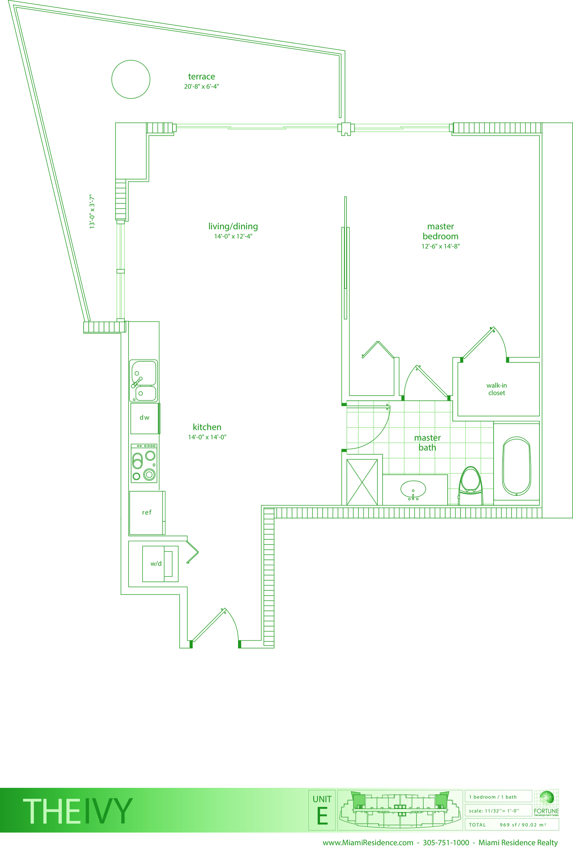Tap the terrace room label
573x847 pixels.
(x=202, y=77)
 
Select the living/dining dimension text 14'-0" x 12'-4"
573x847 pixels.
(x=233, y=236)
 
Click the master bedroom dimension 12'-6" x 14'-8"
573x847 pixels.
(x=441, y=246)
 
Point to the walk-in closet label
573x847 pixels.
(x=497, y=389)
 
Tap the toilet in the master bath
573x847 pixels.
(x=471, y=486)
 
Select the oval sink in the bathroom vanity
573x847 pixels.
(x=413, y=489)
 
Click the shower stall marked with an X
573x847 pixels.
(x=362, y=482)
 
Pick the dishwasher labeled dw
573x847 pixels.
(x=145, y=418)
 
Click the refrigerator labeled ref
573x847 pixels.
(x=147, y=513)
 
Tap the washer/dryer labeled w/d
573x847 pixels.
(x=160, y=564)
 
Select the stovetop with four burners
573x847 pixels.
(x=144, y=463)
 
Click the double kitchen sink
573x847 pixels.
(x=143, y=381)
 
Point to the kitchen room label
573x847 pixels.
(x=207, y=427)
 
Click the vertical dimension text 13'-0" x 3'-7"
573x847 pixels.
(x=92, y=211)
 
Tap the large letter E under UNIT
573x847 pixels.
(x=322, y=816)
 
